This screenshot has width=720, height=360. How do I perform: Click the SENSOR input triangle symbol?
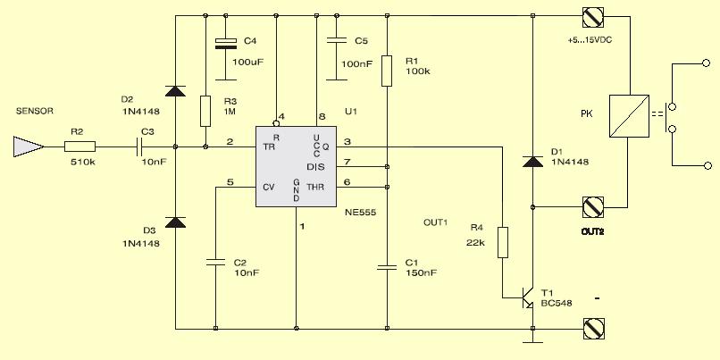point(29,147)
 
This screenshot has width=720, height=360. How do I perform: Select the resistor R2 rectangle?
point(80,147)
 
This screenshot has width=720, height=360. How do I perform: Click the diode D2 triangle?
point(175,91)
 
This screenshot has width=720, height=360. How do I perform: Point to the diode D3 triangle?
point(175,222)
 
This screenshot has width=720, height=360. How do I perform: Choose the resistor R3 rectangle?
point(205,111)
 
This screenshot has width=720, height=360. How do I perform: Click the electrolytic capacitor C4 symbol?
point(226,44)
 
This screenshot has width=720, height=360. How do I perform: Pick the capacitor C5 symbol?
point(337,40)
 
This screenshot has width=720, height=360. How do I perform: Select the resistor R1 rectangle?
point(387,71)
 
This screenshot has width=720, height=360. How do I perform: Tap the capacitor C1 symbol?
point(387,267)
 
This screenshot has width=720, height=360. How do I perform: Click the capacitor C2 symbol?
point(215,263)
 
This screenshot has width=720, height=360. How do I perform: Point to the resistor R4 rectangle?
point(503,242)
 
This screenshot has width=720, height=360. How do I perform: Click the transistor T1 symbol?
point(528,298)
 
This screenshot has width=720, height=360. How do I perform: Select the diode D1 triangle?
point(532,162)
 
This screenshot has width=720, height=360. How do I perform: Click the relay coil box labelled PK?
point(629,116)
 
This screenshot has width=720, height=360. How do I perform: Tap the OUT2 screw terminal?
point(593,206)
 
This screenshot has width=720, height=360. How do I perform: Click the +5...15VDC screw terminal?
point(593,17)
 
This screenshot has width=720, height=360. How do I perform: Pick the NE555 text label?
point(361,213)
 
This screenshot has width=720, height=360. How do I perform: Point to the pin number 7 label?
point(347,162)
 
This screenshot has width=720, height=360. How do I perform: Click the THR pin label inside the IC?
point(315,187)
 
